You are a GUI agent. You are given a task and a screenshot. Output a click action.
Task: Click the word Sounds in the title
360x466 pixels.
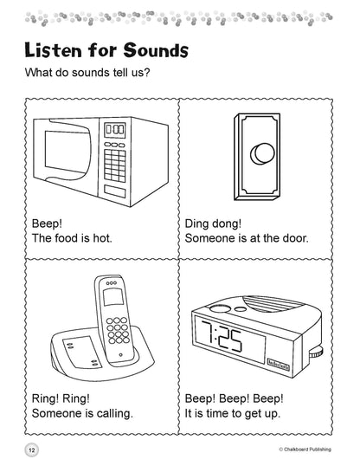(156, 50)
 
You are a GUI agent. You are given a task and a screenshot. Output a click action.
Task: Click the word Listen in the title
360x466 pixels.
(53, 50)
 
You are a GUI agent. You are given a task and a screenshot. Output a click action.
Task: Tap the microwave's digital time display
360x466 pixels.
(114, 130)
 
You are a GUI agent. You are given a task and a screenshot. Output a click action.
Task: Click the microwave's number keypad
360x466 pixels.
(114, 165)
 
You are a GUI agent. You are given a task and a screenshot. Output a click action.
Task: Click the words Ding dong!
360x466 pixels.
(213, 223)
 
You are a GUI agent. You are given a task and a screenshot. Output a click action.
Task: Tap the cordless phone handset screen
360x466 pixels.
(113, 297)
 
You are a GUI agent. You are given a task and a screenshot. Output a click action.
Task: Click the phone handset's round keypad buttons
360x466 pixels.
(118, 330)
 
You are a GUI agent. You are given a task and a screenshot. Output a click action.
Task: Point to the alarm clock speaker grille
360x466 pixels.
(272, 305)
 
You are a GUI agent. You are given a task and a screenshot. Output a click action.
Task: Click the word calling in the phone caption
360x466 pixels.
(115, 414)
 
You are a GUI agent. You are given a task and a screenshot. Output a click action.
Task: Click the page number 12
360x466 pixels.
(32, 450)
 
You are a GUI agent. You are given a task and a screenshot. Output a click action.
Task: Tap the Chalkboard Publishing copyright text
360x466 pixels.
(305, 450)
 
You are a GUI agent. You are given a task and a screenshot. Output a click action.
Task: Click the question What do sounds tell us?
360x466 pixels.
(87, 73)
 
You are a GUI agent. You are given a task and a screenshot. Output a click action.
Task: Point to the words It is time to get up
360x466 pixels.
(232, 413)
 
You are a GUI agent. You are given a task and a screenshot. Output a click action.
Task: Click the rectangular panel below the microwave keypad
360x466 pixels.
(115, 191)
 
